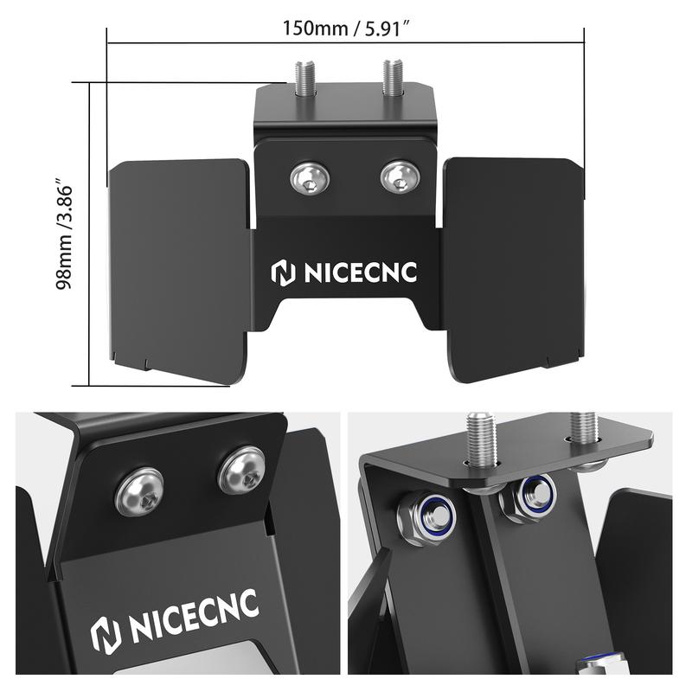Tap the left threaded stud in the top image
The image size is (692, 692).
pyautogui.click(x=304, y=79)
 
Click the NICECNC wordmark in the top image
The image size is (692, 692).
pyautogui.click(x=360, y=272)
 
